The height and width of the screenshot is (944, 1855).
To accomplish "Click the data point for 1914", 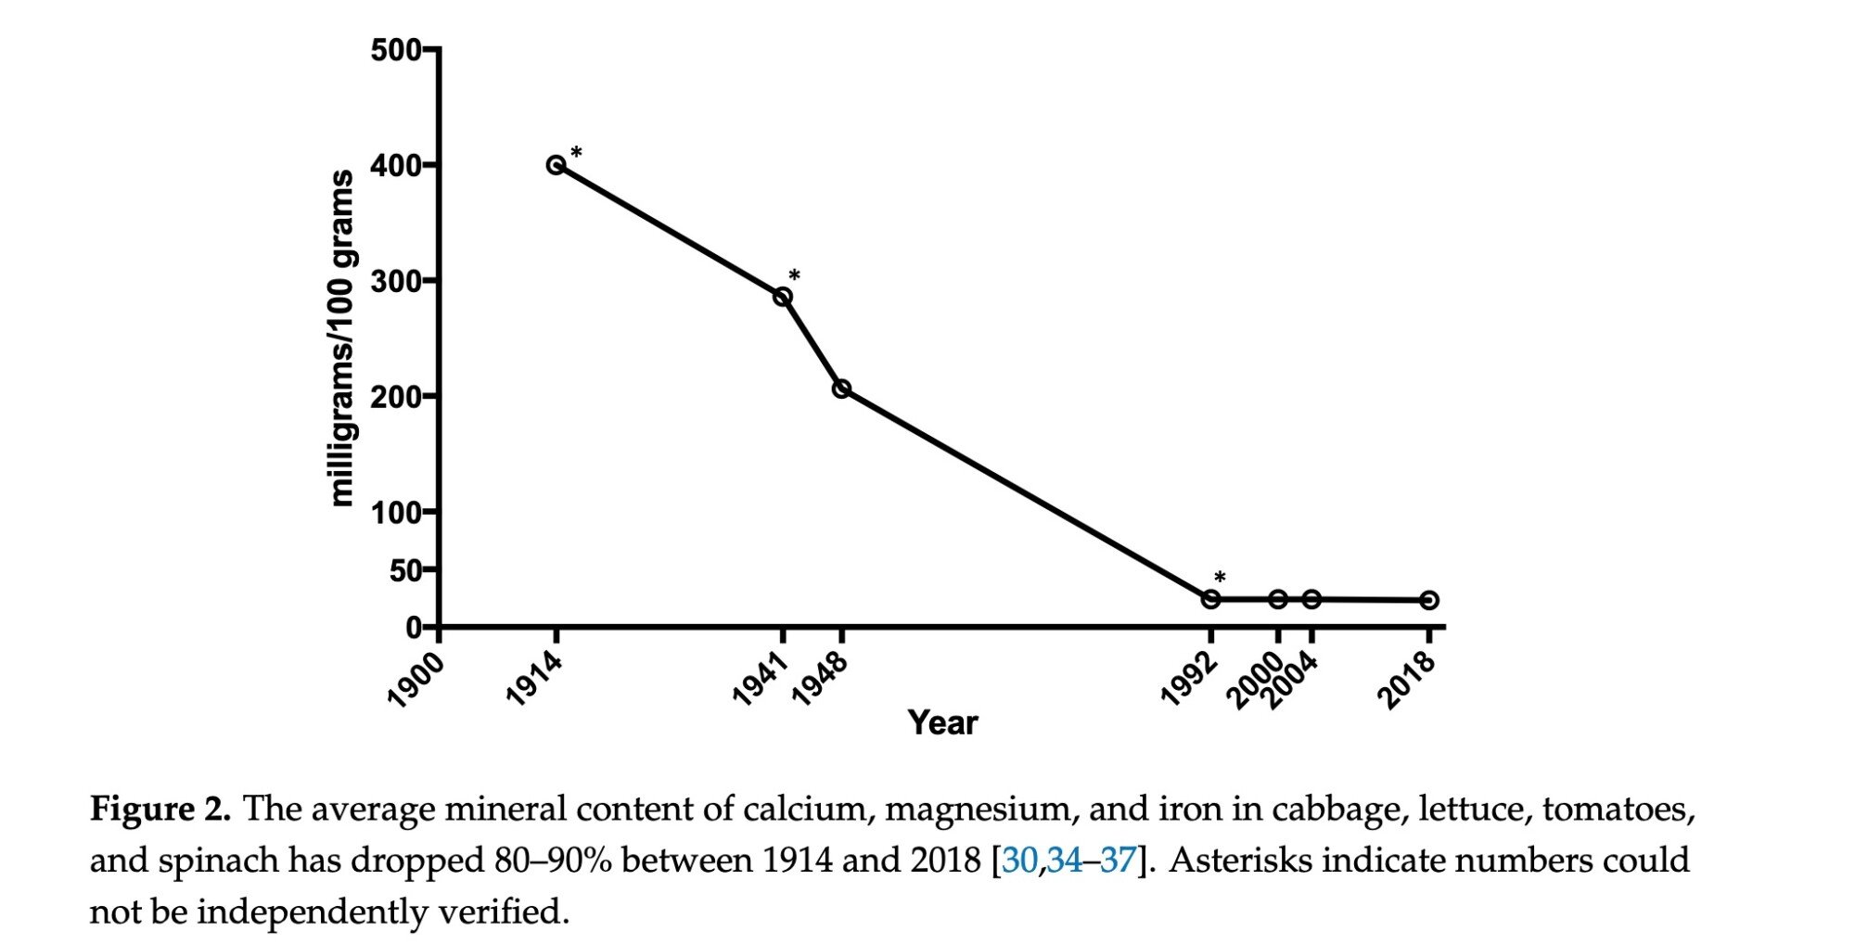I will tap(556, 165).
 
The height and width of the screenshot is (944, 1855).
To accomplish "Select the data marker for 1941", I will tap(783, 297).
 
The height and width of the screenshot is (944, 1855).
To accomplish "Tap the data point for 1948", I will tap(841, 389).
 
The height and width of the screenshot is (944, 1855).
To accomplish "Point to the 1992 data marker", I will tap(1210, 599).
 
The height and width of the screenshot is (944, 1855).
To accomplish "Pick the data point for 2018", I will tap(1429, 600).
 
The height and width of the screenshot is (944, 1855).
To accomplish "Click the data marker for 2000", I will tap(1278, 599).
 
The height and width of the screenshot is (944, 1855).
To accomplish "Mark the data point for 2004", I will tap(1311, 599).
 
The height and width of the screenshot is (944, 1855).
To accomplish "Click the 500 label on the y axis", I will tap(396, 50).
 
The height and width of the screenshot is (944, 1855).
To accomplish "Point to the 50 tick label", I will tap(405, 570).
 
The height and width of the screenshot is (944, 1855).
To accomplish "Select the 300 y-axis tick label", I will tap(396, 281).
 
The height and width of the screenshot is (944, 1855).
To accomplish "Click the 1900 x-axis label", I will tap(415, 681).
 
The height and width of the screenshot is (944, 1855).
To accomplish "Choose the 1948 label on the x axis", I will tap(820, 681).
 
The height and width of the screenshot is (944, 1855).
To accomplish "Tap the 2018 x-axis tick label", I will tap(1407, 681).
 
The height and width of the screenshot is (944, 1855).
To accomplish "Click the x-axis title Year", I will tap(942, 723).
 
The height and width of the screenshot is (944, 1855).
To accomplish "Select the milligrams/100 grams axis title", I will tap(342, 338).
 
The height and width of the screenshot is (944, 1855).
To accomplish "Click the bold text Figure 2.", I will tap(160, 810).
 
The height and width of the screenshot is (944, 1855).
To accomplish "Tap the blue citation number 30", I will tap(1019, 861).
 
